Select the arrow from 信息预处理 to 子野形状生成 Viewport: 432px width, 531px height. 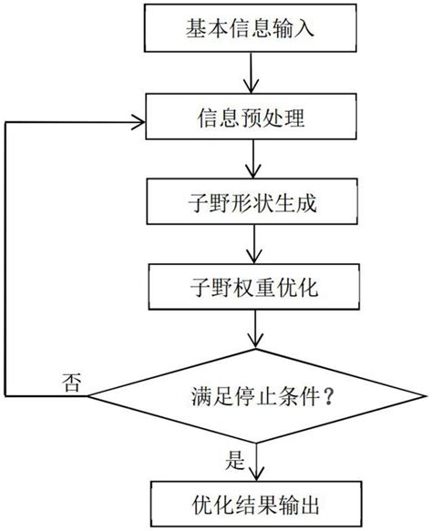(x=252, y=161)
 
